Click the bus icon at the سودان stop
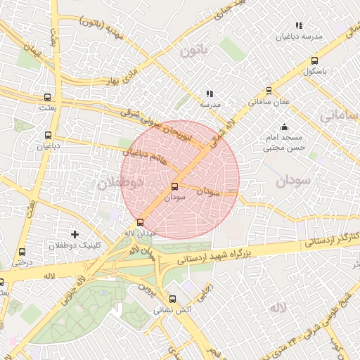click(174, 186)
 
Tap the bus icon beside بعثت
click(47, 98)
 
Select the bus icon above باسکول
click(314, 60)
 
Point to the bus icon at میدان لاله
click(139, 222)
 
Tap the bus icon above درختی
click(22, 251)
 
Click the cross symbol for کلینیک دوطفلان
click(75, 233)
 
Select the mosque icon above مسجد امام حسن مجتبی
click(283, 127)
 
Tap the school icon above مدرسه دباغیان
click(299, 25)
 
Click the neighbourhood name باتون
click(194, 51)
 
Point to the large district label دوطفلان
click(120, 183)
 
